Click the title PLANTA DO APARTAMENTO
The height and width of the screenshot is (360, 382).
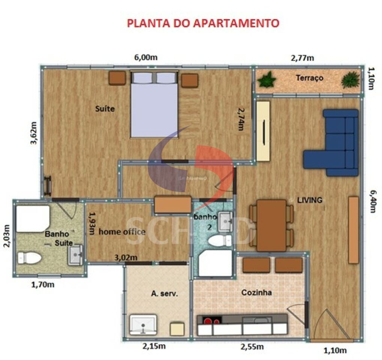tap(203, 23)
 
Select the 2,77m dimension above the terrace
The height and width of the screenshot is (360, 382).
tap(302, 58)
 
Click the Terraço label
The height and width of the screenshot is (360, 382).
tap(310, 78)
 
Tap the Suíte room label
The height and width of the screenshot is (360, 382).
tap(105, 109)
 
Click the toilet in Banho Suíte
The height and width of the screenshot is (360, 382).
tap(29, 258)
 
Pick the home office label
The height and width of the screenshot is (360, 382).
tap(122, 232)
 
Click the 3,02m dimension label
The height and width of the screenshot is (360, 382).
tap(125, 257)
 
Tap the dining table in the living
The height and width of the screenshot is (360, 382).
tap(271, 225)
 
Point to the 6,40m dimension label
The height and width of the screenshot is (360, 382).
tap(372, 201)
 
